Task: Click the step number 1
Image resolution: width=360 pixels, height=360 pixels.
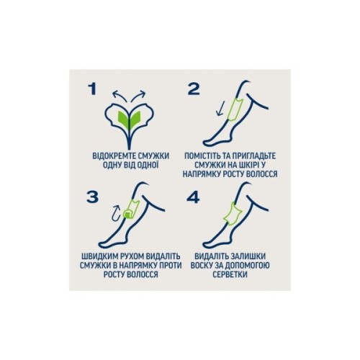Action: (92, 89)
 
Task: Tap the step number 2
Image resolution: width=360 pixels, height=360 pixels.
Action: (194, 89)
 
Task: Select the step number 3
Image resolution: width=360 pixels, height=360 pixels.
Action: (92, 197)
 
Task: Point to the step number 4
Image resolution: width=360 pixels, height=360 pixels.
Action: (193, 197)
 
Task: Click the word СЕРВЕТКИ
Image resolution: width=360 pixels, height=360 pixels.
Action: (230, 274)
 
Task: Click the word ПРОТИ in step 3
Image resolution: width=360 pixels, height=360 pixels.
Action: (171, 266)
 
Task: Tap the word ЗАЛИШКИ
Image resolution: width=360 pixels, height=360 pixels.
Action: (248, 256)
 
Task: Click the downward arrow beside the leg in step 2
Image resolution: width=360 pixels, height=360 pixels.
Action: (220, 108)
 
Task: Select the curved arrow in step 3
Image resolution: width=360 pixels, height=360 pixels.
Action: (117, 212)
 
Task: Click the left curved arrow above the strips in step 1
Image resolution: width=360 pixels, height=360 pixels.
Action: (120, 95)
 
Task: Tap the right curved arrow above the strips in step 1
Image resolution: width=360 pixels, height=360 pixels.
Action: (138, 95)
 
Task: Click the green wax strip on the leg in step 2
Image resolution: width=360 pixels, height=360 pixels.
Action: (235, 109)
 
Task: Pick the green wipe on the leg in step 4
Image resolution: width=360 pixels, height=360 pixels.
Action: (232, 214)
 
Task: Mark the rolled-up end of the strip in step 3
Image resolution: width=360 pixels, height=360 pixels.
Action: (127, 214)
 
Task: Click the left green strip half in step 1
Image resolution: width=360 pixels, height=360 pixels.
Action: (122, 120)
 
